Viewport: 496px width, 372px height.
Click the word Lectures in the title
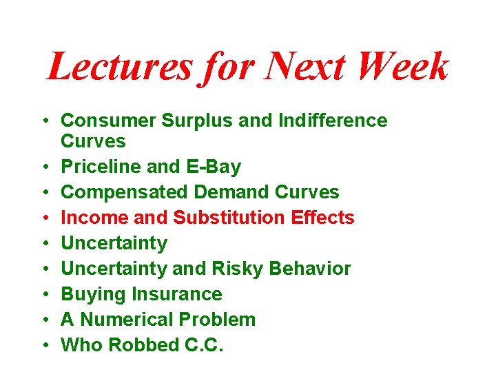click(x=118, y=68)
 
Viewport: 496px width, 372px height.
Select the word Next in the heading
click(x=300, y=68)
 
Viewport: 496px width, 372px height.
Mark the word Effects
click(x=322, y=218)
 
